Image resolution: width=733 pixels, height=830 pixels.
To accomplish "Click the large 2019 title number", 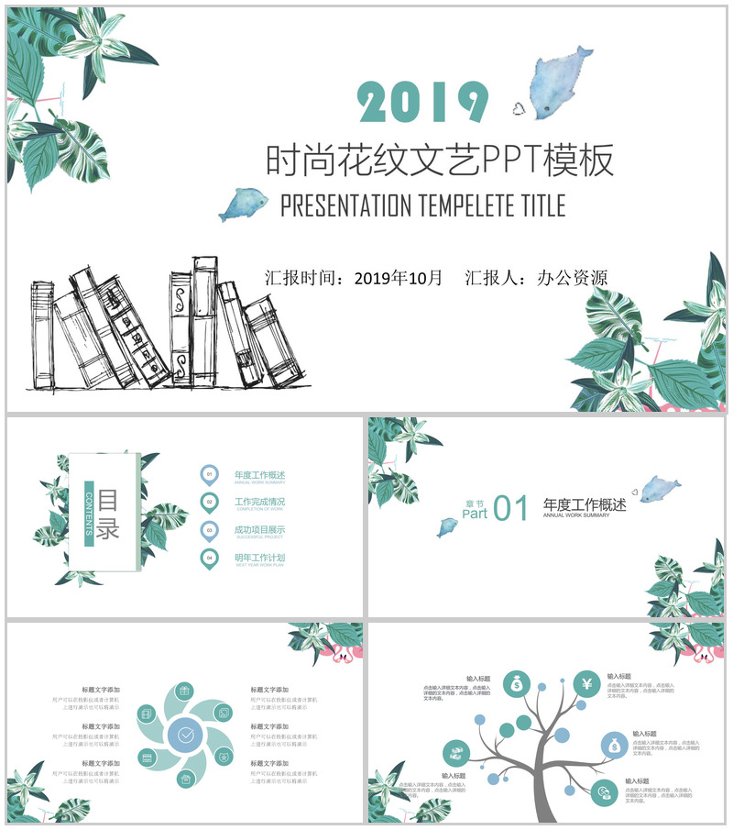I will [x=423, y=102].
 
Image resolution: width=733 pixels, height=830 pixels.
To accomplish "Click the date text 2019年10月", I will [x=398, y=277].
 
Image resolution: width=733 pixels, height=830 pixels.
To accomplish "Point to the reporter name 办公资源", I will [x=572, y=277].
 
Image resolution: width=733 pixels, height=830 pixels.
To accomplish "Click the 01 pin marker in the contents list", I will [x=210, y=474].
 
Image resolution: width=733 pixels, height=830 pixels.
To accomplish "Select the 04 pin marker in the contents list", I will [x=210, y=558].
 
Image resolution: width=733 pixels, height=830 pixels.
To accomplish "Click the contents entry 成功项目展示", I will [x=259, y=529].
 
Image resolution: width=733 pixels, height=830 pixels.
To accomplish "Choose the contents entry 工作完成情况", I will [x=259, y=502].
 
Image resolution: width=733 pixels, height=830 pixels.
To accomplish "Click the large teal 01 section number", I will [x=511, y=508].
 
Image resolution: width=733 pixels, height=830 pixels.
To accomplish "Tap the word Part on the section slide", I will [x=475, y=514].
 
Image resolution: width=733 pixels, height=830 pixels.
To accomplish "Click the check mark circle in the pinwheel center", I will [x=186, y=734].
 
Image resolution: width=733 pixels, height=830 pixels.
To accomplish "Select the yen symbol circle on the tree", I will [x=587, y=683].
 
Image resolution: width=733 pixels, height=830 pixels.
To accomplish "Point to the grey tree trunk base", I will [x=544, y=812].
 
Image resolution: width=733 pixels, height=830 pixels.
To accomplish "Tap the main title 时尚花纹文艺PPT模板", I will [x=439, y=160].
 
